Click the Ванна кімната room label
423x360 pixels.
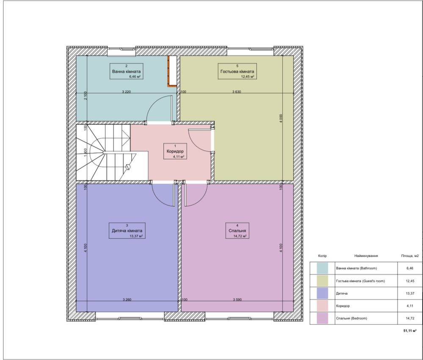[126, 71]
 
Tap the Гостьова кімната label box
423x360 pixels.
[237, 71]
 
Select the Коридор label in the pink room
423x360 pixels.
[175, 151]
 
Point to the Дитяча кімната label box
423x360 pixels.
[127, 231]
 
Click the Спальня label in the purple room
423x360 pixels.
[237, 231]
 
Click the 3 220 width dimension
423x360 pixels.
[126, 92]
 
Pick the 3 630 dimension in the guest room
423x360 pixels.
[237, 92]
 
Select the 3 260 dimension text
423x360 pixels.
[127, 300]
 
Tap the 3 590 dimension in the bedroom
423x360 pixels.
[237, 300]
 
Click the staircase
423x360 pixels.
[112, 152]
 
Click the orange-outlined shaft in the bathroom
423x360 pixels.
[172, 71]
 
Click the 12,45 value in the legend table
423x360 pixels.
[409, 281]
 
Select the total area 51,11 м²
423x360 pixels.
[409, 331]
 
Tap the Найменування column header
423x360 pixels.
[366, 256]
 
